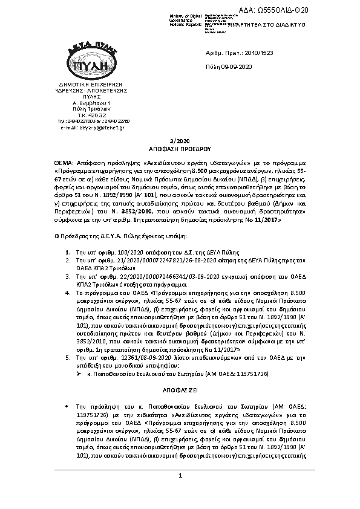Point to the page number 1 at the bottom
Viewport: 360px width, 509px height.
point(180,478)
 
